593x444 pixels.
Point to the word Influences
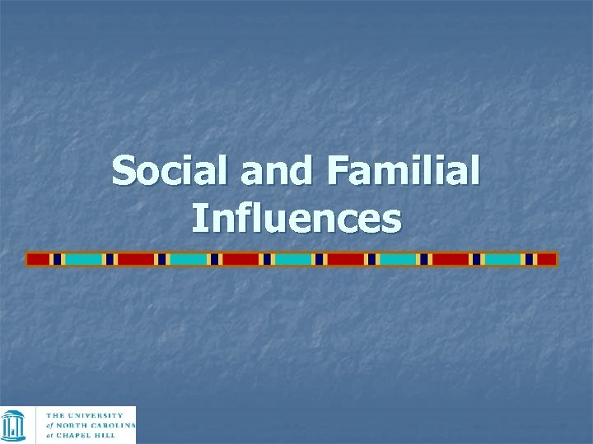[296, 219]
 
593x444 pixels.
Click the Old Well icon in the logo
[14, 424]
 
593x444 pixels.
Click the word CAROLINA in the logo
[116, 425]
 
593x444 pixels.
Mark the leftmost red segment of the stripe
[38, 259]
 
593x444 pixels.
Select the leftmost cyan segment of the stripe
[83, 259]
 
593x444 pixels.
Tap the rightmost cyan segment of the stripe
[502, 259]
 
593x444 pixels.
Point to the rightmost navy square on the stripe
[529, 259]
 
